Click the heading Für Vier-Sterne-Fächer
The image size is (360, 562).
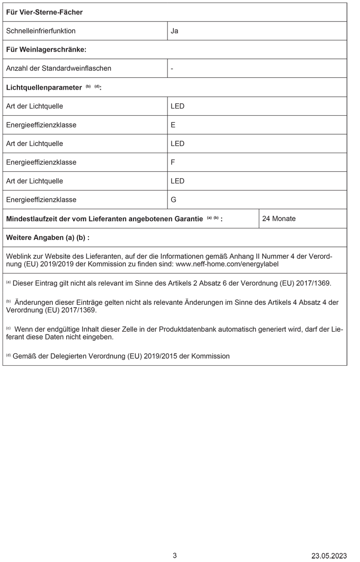pyautogui.click(x=44, y=12)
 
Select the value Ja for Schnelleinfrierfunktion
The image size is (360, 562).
pyautogui.click(x=175, y=31)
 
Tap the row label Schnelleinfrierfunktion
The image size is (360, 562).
pyautogui.click(x=41, y=31)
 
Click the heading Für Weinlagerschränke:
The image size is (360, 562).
pyautogui.click(x=46, y=49)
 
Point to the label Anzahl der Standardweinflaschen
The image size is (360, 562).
pyautogui.click(x=59, y=68)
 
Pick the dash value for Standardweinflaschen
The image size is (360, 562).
pyautogui.click(x=172, y=68)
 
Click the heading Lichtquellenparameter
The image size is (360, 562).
pyautogui.click(x=44, y=87)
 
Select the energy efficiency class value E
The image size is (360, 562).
pyautogui.click(x=173, y=125)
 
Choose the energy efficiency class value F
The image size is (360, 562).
pyautogui.click(x=173, y=162)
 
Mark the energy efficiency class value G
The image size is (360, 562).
pyautogui.click(x=173, y=200)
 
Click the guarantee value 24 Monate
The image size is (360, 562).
pyautogui.click(x=279, y=218)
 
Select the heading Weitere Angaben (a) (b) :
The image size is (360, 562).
pyautogui.click(x=48, y=238)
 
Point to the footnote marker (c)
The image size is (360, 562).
pyautogui.click(x=8, y=328)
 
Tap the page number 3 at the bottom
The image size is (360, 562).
pyautogui.click(x=175, y=555)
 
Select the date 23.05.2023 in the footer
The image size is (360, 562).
pyautogui.click(x=329, y=556)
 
